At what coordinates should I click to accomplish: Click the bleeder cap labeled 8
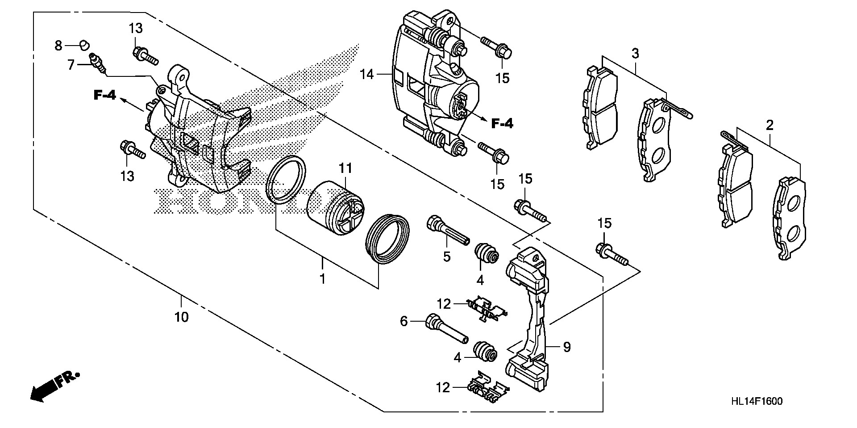click(83, 45)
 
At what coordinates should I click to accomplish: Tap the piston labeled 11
click(335, 207)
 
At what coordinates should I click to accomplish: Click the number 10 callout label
click(182, 317)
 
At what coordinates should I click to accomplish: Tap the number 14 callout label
click(367, 74)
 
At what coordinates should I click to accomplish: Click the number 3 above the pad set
click(635, 54)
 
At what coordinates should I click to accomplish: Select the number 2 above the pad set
click(769, 126)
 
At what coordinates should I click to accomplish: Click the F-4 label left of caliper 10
click(105, 95)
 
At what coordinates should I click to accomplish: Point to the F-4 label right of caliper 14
click(502, 123)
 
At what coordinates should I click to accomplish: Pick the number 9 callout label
click(566, 347)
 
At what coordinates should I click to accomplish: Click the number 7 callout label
click(71, 65)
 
